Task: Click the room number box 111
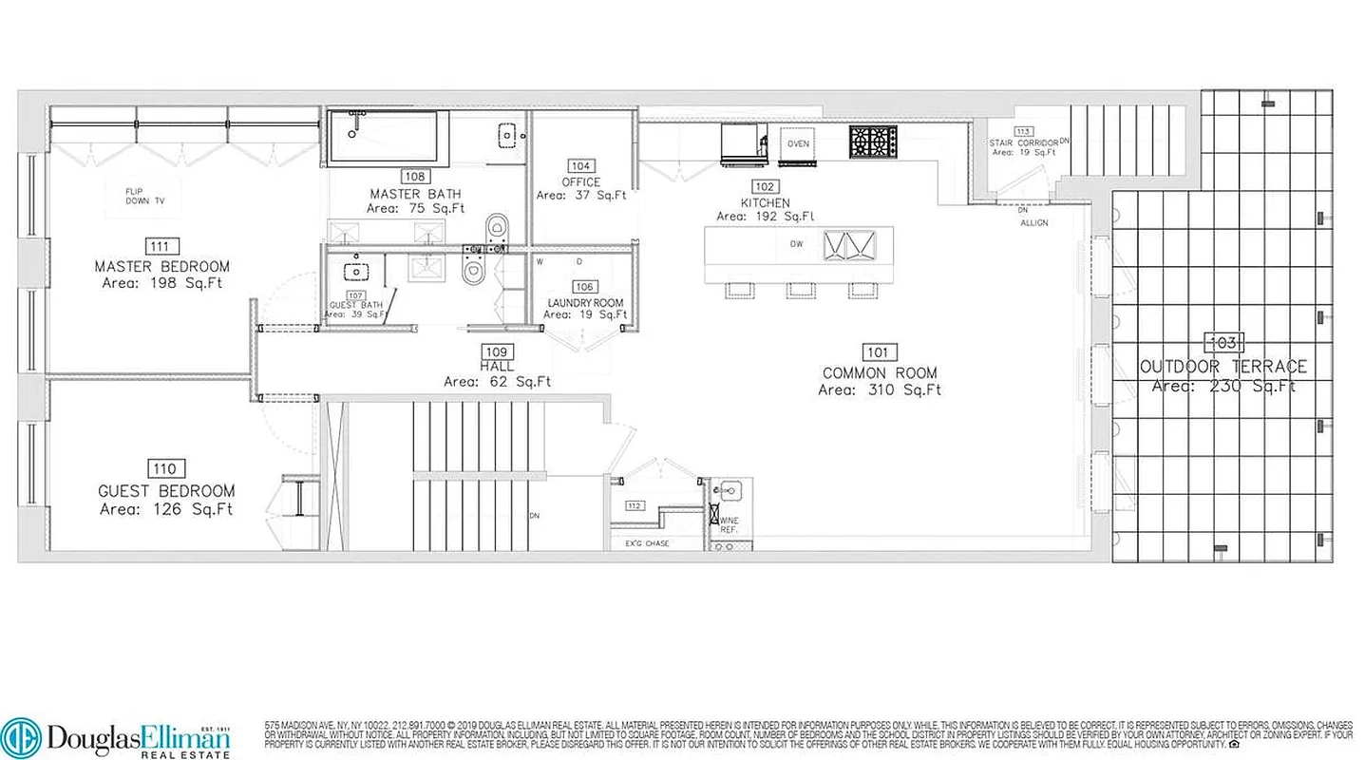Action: coord(161,246)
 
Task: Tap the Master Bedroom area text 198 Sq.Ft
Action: coord(161,283)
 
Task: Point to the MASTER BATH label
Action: coord(415,194)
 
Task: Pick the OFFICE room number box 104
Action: coord(581,165)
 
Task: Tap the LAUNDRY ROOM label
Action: coord(585,303)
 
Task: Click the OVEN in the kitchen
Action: coord(798,143)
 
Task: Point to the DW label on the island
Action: coord(796,244)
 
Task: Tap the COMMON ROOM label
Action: coord(880,373)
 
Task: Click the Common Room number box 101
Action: coord(880,352)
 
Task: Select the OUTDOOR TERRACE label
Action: coord(1223,367)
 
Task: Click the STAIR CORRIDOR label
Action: coord(1024,142)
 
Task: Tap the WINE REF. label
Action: coord(729,525)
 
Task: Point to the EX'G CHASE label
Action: coord(647,543)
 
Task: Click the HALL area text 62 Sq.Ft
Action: coord(498,382)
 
